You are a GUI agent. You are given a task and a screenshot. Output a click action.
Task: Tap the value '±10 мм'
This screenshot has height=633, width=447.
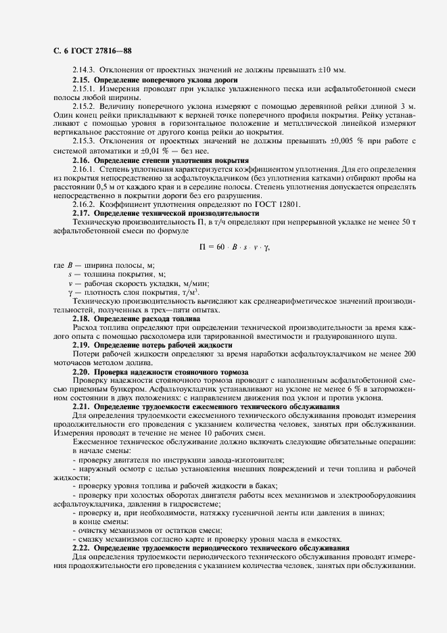[x=331, y=70]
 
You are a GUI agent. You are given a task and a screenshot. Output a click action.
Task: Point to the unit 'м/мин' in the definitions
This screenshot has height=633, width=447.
[x=195, y=284]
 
